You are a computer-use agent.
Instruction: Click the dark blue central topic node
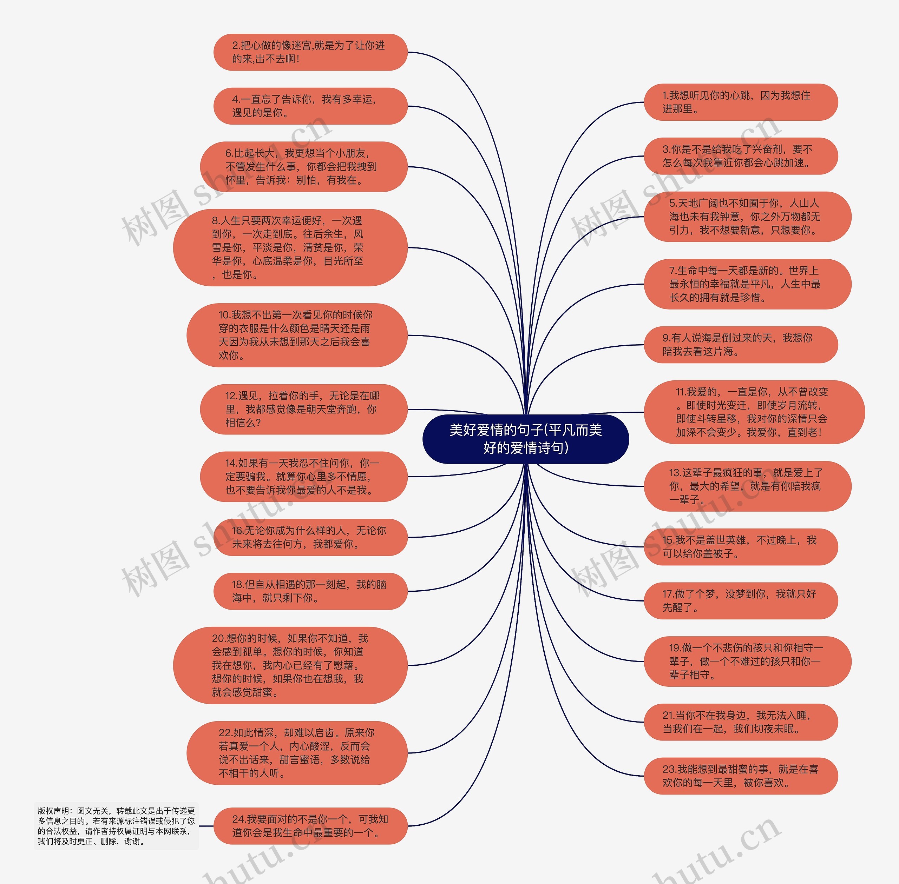click(525, 439)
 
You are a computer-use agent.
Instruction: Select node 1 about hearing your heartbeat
click(741, 102)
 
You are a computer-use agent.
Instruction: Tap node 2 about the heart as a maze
click(310, 52)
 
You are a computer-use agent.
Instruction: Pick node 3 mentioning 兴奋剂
click(741, 156)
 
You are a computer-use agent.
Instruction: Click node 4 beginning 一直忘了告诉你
click(310, 106)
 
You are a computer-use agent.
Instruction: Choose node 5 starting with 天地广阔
click(747, 217)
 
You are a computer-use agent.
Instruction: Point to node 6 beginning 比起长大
click(304, 167)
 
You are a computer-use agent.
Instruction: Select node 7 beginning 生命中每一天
click(747, 284)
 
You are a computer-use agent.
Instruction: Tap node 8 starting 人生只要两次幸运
click(290, 247)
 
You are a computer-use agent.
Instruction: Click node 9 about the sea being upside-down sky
click(741, 345)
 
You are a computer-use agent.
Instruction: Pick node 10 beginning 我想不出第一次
click(297, 335)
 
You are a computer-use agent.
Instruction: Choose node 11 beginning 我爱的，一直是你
click(754, 412)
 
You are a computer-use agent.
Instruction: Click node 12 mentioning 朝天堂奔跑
click(304, 409)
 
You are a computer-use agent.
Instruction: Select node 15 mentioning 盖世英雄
click(741, 546)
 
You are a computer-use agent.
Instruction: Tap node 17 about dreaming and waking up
click(741, 600)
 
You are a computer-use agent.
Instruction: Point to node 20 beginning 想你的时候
click(290, 665)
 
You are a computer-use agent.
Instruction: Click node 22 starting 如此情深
click(297, 753)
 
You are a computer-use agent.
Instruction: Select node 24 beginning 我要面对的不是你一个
click(310, 826)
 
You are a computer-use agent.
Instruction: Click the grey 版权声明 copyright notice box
click(116, 826)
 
